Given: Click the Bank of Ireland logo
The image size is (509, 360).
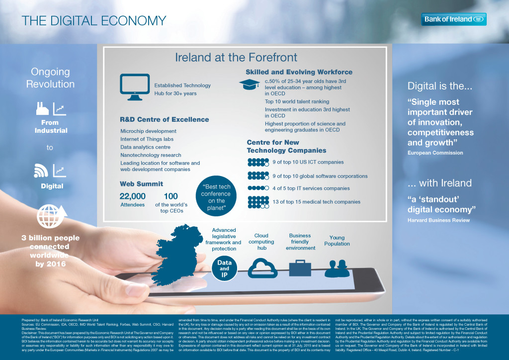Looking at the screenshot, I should coord(454,19).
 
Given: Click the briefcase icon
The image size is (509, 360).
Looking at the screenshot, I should coord(300,268).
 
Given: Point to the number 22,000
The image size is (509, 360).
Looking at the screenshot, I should coord(133,196).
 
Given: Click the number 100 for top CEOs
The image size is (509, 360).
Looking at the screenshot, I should coord(170,196).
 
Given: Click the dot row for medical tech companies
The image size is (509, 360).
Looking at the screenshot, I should coord(258,202).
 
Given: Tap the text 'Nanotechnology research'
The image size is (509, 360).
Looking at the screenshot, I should coord(151,155).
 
